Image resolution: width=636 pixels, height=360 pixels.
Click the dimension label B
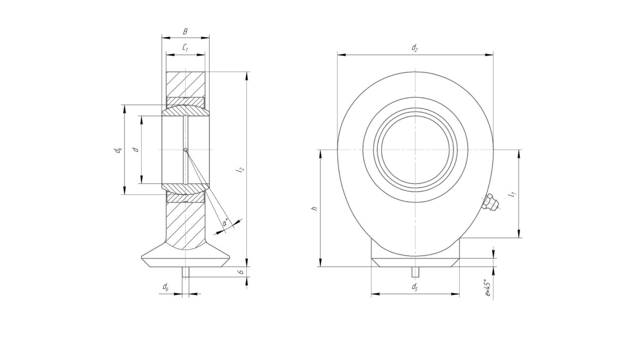185,31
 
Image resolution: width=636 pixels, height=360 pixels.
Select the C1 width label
185,47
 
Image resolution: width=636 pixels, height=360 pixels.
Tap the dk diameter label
118,150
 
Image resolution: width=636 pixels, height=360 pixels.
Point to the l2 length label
241,170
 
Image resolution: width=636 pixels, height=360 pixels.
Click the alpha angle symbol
226,222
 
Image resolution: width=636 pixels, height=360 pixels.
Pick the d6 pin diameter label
165,287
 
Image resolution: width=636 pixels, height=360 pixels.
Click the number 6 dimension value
241,271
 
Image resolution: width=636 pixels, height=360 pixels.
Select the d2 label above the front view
415,47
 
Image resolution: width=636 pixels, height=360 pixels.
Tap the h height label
315,208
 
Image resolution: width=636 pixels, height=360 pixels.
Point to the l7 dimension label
512,195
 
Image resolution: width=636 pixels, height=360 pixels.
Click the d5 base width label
415,287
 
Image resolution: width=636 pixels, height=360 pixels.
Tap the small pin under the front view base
415,272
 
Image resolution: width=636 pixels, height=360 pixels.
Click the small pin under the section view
185,272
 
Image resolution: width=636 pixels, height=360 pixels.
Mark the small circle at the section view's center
185,150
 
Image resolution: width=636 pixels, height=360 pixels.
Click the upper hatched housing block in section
185,85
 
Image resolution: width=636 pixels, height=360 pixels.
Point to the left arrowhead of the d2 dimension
341,55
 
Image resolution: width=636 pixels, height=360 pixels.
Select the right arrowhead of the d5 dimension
455,294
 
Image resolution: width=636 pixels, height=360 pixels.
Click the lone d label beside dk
136,149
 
